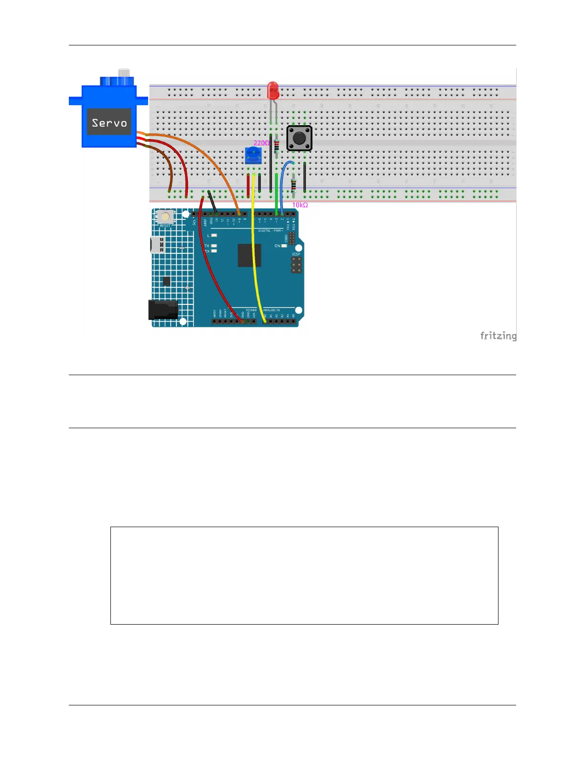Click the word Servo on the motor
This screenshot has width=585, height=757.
pos(109,123)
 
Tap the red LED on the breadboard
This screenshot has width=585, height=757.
pos(273,89)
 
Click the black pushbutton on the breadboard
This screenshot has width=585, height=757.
pos(299,138)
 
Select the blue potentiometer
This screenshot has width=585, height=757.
pos(253,155)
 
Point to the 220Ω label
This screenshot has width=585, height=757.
pos(261,143)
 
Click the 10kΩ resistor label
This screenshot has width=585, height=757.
pos(300,205)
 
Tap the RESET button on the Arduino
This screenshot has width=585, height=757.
pos(165,217)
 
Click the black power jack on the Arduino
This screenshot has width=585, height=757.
pos(163,310)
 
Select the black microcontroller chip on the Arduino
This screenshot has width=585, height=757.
pos(249,255)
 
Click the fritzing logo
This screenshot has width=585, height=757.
pos(498,336)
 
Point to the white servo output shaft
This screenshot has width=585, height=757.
pos(124,73)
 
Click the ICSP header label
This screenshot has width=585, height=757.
pos(296,254)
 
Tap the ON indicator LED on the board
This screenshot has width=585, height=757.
pos(284,246)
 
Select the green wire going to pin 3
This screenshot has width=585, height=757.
pos(277,191)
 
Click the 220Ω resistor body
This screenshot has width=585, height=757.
pos(276,146)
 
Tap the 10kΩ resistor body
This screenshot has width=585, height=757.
pos(293,185)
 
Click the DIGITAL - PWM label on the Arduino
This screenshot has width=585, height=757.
pos(271,231)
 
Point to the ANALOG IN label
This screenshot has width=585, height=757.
pos(271,310)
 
